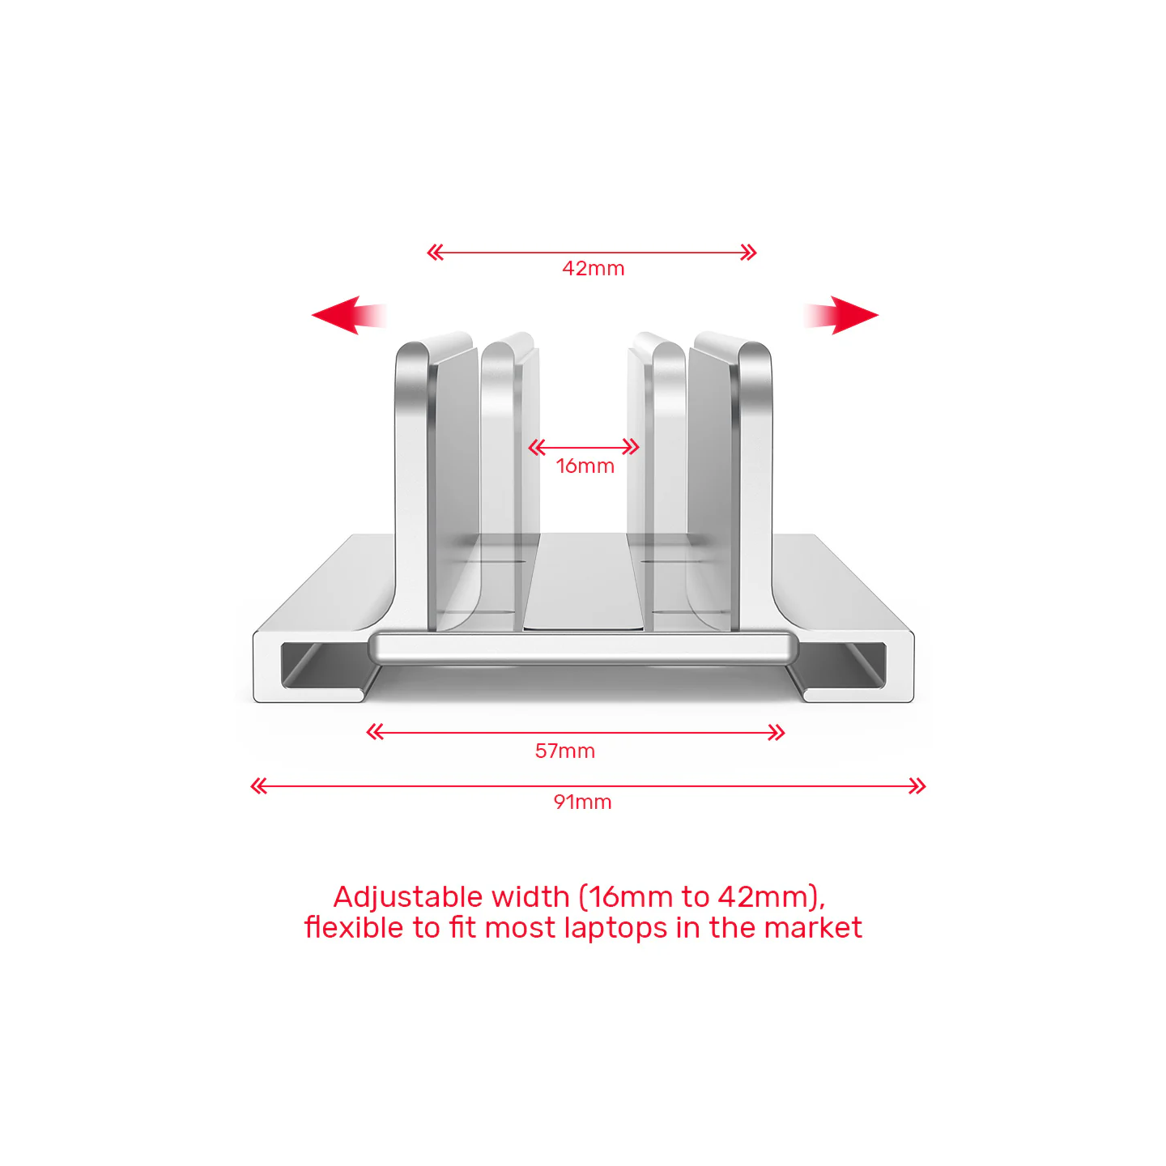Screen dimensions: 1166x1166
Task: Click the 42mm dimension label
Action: click(x=594, y=268)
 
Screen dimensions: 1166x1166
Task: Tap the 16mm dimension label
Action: click(x=585, y=466)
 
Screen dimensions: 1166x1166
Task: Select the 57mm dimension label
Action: click(x=564, y=751)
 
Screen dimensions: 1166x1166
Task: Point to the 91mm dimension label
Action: click(x=582, y=802)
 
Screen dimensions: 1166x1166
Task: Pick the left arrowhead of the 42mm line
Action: click(x=436, y=253)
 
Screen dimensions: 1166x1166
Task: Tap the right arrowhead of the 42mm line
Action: click(x=749, y=253)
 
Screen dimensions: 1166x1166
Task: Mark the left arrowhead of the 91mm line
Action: click(x=259, y=785)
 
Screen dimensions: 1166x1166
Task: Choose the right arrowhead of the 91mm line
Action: click(x=917, y=785)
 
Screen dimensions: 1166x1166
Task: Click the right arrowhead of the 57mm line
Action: click(x=777, y=733)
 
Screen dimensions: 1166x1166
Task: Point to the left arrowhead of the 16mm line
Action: click(x=537, y=447)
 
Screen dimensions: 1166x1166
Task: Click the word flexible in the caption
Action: click(x=353, y=927)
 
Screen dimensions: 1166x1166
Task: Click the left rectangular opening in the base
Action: click(x=324, y=666)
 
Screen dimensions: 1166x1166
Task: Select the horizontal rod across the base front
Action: click(x=583, y=648)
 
